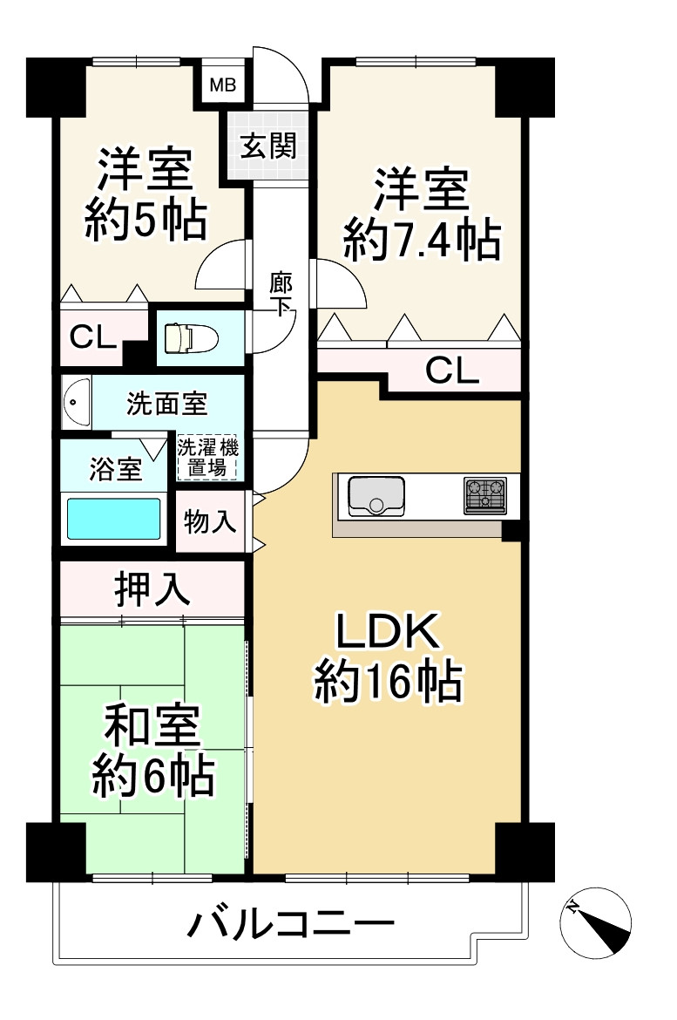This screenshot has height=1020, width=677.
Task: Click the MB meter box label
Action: point(223,85)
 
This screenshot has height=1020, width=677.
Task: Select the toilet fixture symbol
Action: point(184,337)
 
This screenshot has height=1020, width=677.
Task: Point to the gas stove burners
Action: point(485,495)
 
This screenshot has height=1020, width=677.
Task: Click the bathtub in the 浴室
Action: point(114,519)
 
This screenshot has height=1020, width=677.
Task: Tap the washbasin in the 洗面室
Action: point(76,403)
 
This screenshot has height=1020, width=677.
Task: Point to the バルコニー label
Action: point(290,923)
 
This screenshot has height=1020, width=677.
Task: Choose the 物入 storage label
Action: point(210,521)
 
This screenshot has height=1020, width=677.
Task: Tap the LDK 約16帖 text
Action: point(387,659)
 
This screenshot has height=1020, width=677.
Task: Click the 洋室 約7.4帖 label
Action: point(422,214)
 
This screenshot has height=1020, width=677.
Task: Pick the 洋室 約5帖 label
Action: point(145,195)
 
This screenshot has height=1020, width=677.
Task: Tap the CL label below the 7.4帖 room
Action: point(452,371)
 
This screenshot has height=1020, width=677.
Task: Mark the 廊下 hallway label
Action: point(281,294)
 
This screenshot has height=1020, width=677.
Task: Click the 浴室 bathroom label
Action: point(116,469)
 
